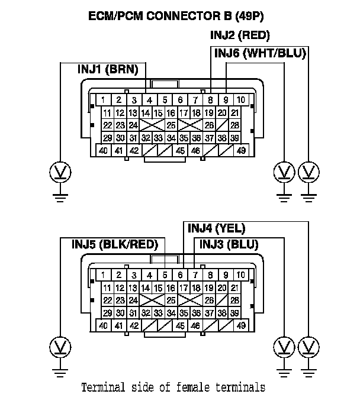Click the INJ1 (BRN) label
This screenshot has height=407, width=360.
(x=107, y=69)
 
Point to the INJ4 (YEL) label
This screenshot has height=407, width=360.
(x=216, y=228)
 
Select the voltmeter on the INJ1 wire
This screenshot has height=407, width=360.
(x=60, y=172)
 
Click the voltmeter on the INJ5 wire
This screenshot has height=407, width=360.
(x=60, y=346)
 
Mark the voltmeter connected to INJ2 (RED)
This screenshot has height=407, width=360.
(x=308, y=172)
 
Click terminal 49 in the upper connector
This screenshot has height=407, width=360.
(x=241, y=151)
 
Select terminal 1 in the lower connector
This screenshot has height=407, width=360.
(x=103, y=275)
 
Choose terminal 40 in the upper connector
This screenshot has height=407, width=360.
(x=103, y=151)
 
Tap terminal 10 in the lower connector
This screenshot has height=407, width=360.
(x=240, y=275)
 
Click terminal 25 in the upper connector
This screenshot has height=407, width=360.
(x=171, y=125)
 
